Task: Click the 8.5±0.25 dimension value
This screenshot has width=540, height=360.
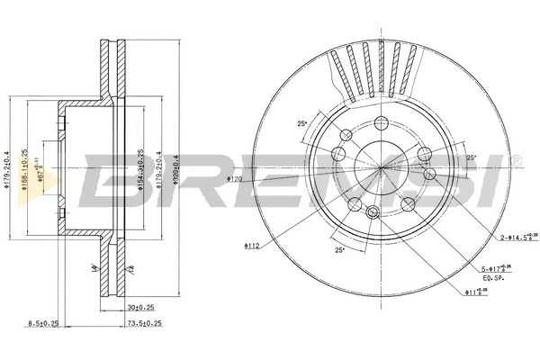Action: click(x=44, y=322)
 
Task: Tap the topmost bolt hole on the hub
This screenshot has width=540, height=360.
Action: click(x=382, y=123)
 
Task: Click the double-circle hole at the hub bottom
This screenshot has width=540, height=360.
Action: click(x=373, y=212)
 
